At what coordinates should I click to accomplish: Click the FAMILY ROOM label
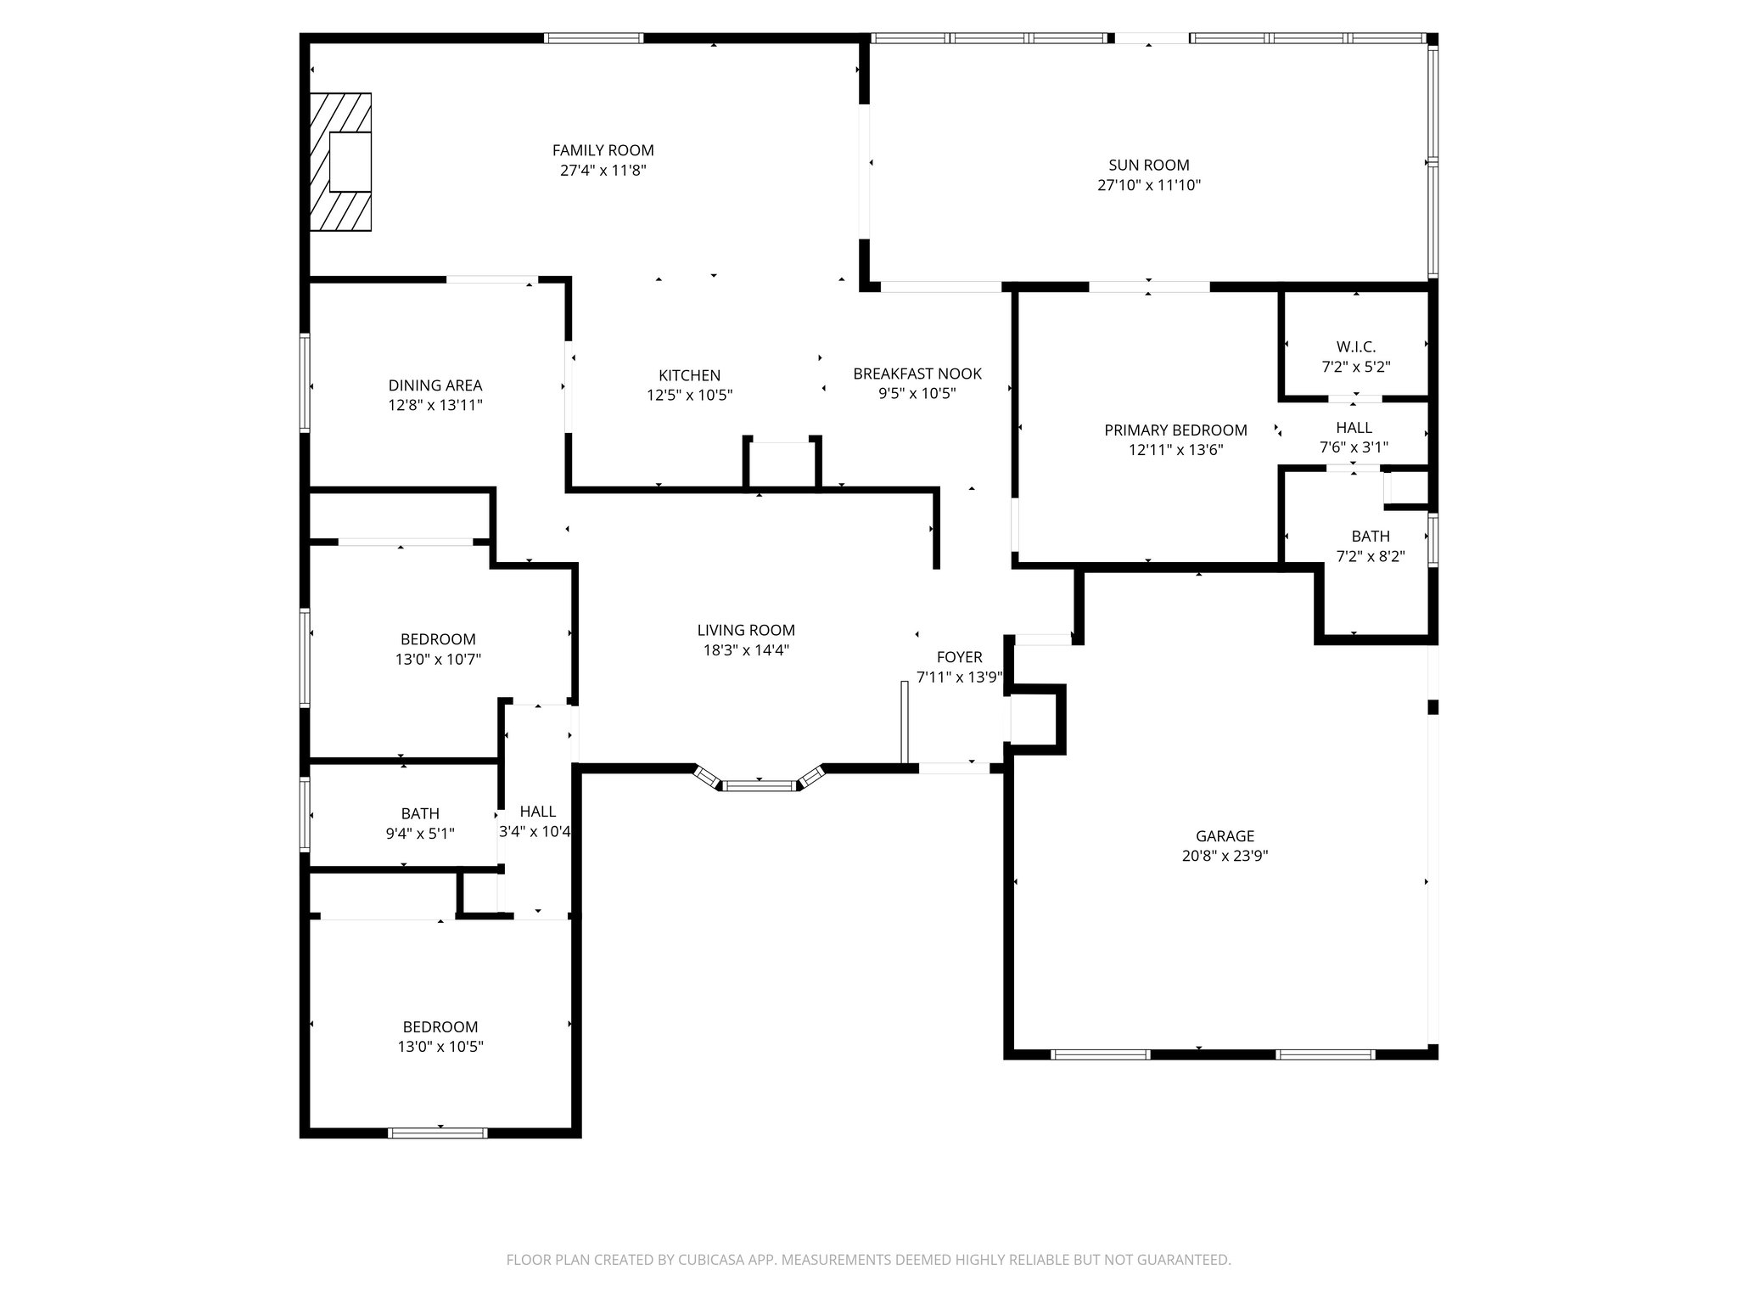click(603, 150)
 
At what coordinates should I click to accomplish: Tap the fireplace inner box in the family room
click(350, 161)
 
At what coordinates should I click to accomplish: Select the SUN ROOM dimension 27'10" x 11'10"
click(1148, 185)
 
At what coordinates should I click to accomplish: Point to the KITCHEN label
click(689, 375)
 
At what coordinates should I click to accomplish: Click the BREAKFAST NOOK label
click(917, 374)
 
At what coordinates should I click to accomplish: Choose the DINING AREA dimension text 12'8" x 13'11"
click(435, 405)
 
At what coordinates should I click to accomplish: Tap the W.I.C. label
click(1355, 346)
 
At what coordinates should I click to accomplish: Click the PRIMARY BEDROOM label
click(1175, 430)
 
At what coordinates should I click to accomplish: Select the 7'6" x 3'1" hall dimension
click(1354, 447)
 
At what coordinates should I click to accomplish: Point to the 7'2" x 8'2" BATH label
click(1370, 537)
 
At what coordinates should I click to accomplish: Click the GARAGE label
click(1225, 836)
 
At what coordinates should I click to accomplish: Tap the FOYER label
click(959, 657)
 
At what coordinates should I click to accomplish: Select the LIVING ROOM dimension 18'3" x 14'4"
click(745, 650)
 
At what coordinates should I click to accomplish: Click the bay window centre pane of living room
click(760, 785)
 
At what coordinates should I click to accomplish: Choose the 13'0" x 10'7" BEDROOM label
click(438, 639)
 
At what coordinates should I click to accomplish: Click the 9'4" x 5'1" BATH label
click(420, 814)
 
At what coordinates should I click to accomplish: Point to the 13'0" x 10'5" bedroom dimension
click(440, 1047)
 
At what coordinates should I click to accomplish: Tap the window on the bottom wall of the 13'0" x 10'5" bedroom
click(438, 1133)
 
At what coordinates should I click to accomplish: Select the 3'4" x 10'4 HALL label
click(537, 812)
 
